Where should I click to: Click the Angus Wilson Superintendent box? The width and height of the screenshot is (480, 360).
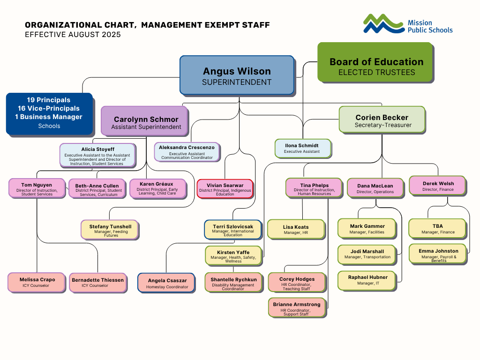pyautogui.click(x=237, y=75)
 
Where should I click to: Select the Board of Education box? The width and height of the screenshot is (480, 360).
pyautogui.click(x=375, y=62)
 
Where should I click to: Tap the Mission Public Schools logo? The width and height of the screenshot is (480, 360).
pyautogui.click(x=408, y=24)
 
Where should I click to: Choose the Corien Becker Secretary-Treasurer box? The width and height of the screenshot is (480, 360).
pyautogui.click(x=382, y=120)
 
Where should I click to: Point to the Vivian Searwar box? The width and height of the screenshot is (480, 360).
pyautogui.click(x=225, y=189)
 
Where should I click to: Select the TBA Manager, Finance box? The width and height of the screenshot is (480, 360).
pyautogui.click(x=438, y=229)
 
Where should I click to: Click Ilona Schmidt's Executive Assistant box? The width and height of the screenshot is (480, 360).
pyautogui.click(x=303, y=149)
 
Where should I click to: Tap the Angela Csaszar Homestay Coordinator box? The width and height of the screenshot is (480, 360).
pyautogui.click(x=166, y=283)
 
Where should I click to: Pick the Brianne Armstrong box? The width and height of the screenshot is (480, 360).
pyautogui.click(x=297, y=307)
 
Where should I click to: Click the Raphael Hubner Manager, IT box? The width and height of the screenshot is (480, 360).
pyautogui.click(x=367, y=280)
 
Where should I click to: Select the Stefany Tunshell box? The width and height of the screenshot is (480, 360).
pyautogui.click(x=110, y=230)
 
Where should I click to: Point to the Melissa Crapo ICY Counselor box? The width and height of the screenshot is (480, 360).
pyautogui.click(x=37, y=282)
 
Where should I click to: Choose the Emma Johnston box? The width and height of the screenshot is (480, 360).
pyautogui.click(x=438, y=254)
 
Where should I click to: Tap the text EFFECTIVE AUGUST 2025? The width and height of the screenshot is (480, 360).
pyautogui.click(x=73, y=35)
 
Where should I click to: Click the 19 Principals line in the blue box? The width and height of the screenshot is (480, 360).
pyautogui.click(x=49, y=100)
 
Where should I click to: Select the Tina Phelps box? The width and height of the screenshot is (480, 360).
pyautogui.click(x=314, y=188)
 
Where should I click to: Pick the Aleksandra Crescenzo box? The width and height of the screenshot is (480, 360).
pyautogui.click(x=187, y=152)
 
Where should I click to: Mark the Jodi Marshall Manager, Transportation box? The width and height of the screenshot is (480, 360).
pyautogui.click(x=367, y=255)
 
